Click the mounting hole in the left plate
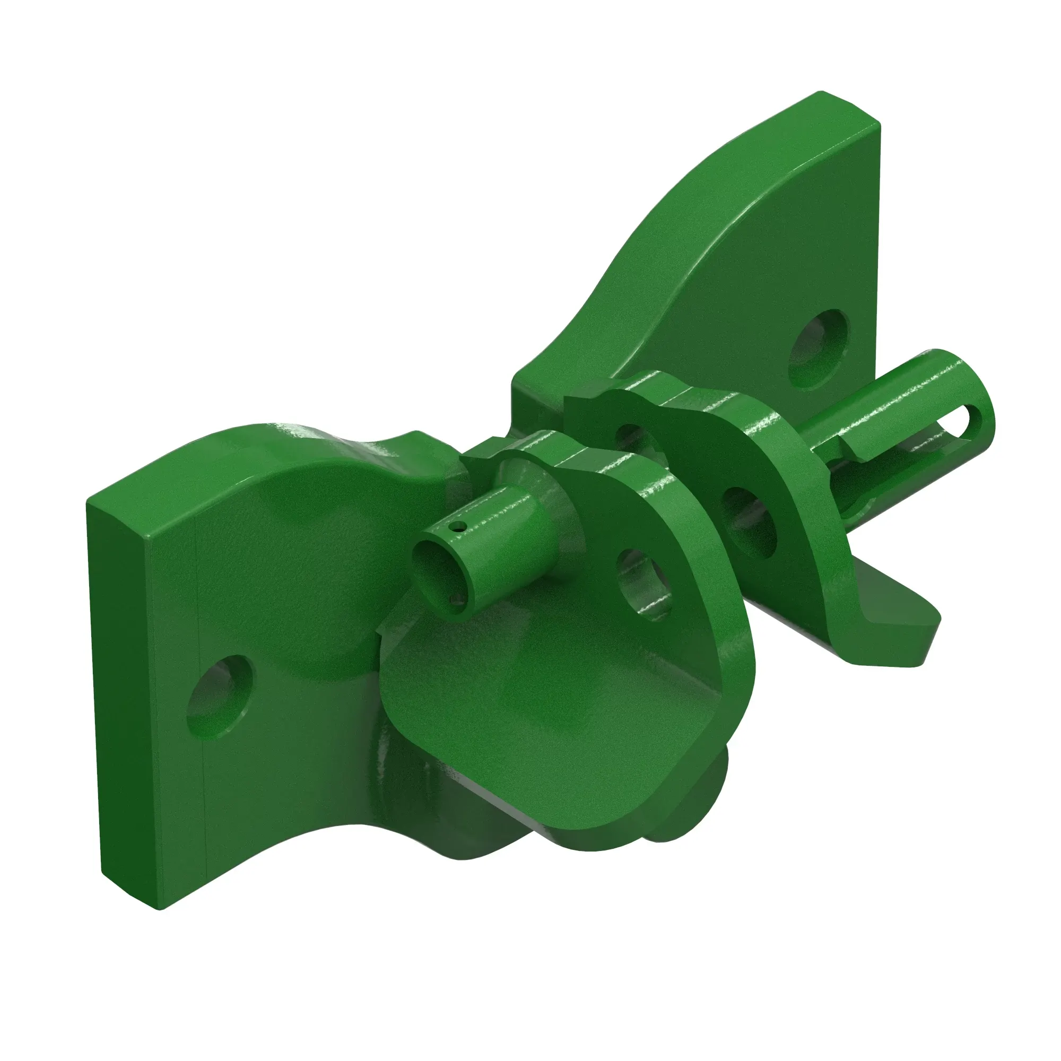coord(221,696)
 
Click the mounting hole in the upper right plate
coord(818,349)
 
